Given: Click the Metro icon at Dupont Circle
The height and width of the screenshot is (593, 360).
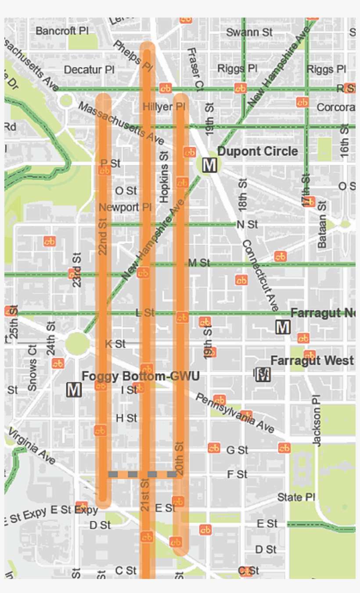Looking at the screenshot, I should [209, 165].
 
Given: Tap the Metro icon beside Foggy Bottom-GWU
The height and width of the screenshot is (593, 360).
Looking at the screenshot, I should [74, 389].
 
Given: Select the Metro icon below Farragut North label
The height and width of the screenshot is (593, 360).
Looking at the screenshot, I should [283, 327].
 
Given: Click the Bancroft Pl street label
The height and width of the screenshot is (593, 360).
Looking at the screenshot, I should [62, 31].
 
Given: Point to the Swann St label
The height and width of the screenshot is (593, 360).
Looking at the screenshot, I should [249, 32].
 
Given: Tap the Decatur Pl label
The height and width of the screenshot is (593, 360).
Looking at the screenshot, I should [89, 70].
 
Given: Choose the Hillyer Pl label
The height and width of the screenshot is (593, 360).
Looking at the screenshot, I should [164, 107].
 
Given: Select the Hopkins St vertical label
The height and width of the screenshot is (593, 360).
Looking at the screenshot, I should [164, 177].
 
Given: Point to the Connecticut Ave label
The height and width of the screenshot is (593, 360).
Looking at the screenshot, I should [260, 275].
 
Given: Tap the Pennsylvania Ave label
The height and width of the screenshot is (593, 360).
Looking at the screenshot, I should [234, 413].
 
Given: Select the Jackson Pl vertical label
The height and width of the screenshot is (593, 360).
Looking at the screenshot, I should [317, 419].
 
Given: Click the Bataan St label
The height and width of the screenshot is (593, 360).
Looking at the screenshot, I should [322, 225].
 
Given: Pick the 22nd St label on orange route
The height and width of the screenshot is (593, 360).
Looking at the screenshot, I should [103, 237].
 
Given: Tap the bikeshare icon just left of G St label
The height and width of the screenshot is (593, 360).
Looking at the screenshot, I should [214, 448].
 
